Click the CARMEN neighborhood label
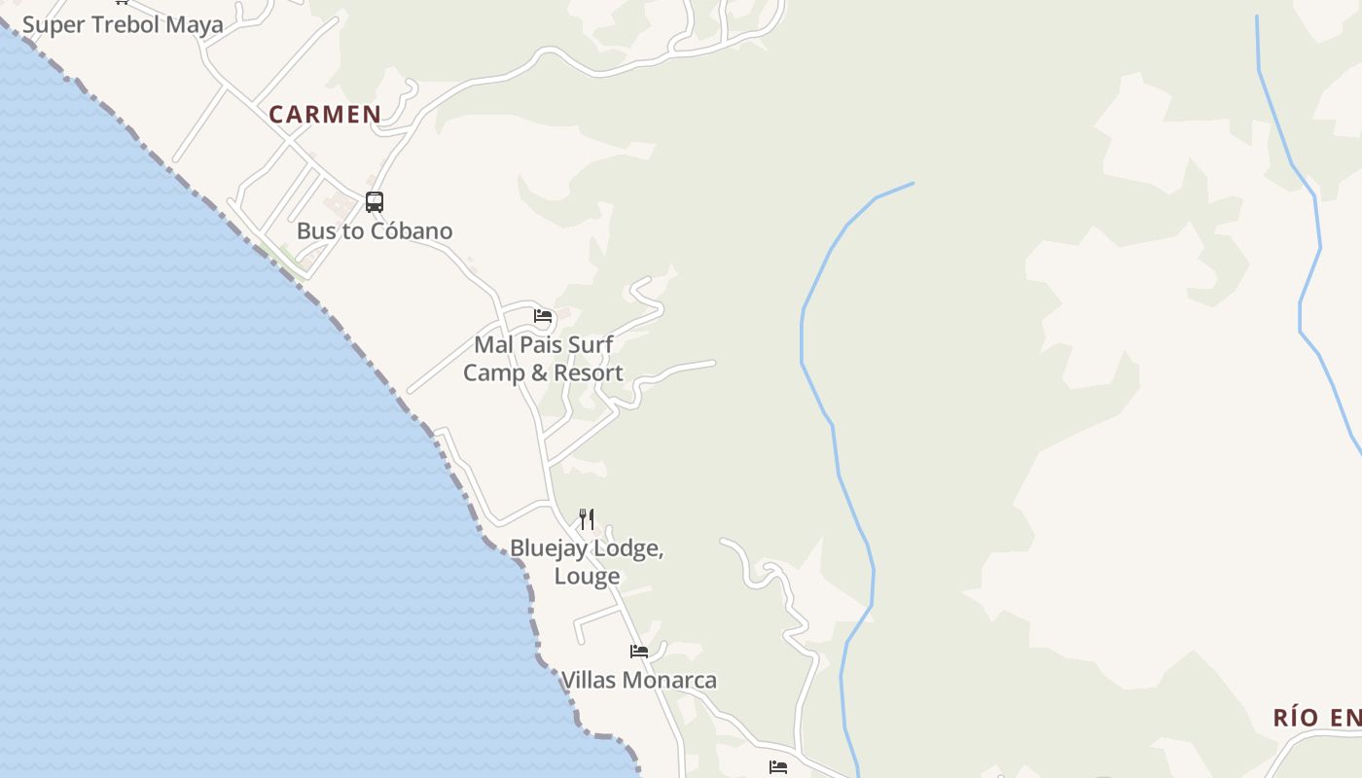click(325, 115)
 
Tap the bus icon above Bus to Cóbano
click(375, 202)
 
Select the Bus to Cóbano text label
click(375, 231)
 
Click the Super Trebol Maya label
click(123, 24)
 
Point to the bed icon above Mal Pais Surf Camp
click(543, 316)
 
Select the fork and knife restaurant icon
click(587, 518)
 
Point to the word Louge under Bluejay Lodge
click(587, 576)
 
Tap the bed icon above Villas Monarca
click(639, 652)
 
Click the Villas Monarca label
click(639, 681)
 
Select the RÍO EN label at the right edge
click(1317, 719)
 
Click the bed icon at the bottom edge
click(778, 767)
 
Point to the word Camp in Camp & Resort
click(494, 373)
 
